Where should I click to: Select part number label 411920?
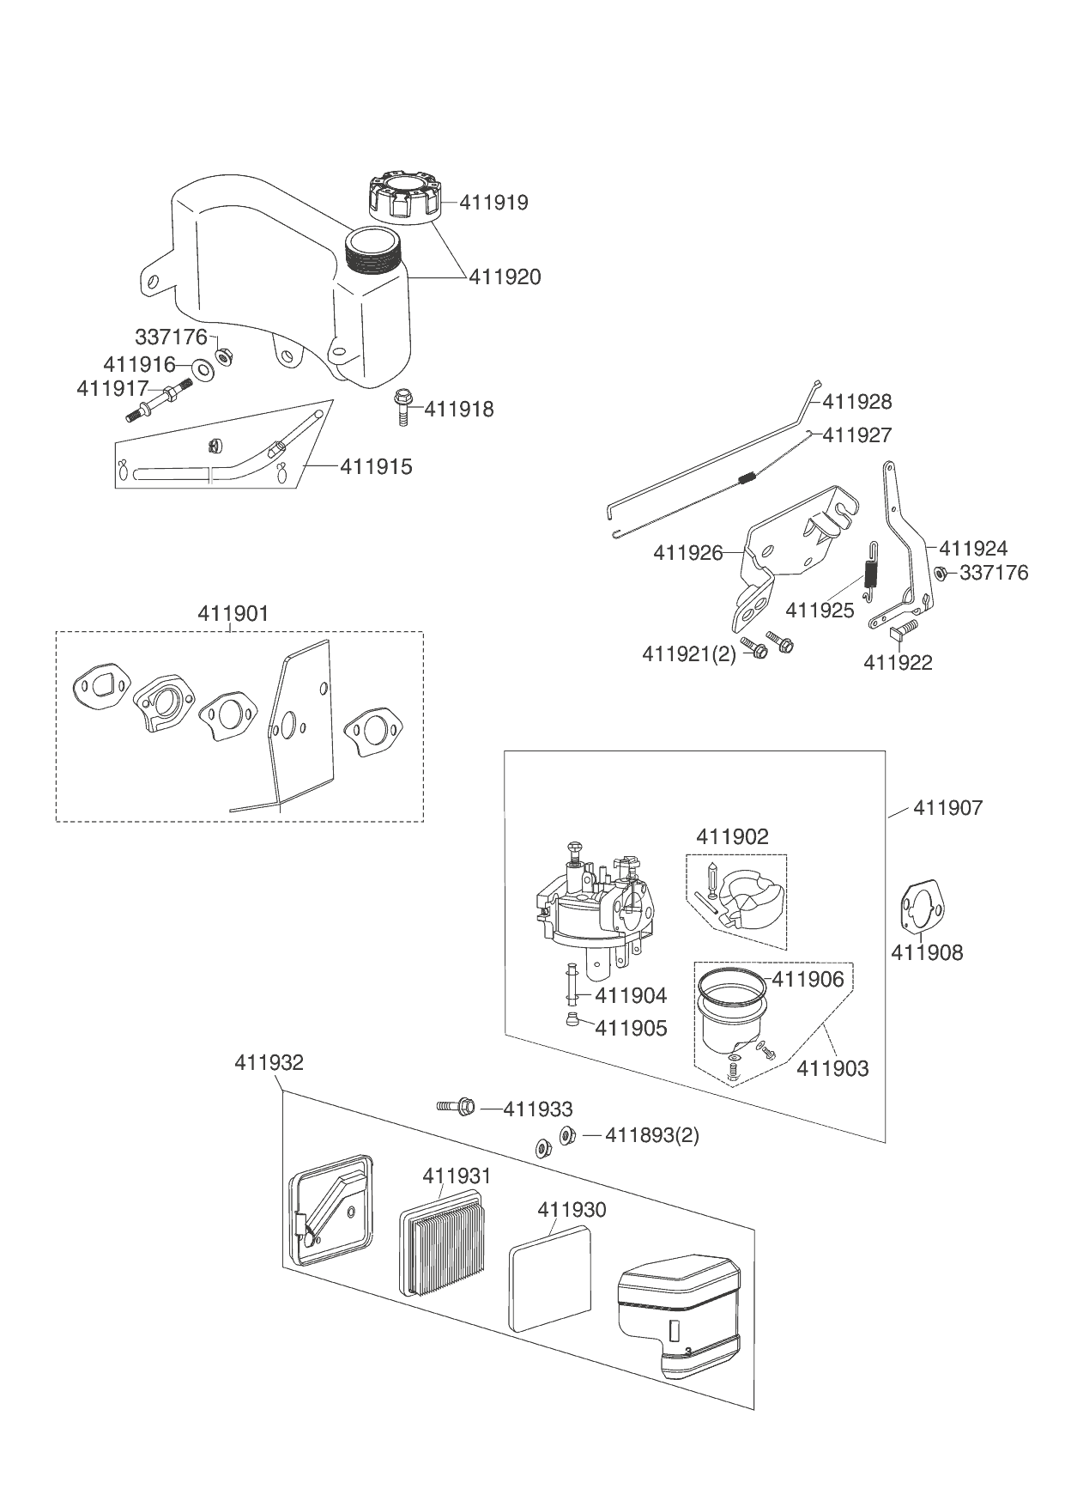tap(505, 276)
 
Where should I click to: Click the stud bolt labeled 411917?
tap(159, 404)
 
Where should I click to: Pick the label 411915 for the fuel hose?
tap(376, 466)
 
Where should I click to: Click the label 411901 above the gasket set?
tap(233, 614)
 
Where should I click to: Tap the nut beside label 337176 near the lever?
tap(940, 573)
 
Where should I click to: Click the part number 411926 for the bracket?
tap(688, 553)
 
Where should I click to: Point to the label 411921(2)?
tap(689, 654)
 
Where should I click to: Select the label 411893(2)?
tap(651, 1135)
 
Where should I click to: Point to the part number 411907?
tap(948, 808)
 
